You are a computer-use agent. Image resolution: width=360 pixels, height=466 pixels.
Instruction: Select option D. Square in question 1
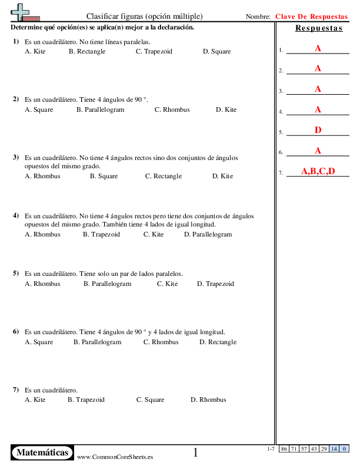(x=216, y=52)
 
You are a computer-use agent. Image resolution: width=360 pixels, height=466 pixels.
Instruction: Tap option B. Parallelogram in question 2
(x=99, y=110)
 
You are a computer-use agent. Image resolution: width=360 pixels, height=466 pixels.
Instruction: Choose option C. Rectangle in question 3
(x=164, y=177)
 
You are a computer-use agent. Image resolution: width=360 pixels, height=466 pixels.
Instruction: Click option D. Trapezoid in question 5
(x=215, y=284)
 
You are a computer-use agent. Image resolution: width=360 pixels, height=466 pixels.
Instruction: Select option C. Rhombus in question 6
(x=161, y=342)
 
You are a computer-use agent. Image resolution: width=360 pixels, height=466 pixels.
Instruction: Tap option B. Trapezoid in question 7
(x=86, y=400)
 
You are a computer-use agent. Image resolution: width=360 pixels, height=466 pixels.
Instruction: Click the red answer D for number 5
(x=318, y=130)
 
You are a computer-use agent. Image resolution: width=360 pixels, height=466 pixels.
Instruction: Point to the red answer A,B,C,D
(x=318, y=171)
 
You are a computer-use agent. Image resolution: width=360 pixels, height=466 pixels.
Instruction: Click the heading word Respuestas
(x=319, y=29)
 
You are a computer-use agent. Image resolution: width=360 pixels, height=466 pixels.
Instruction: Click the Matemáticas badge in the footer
(x=43, y=452)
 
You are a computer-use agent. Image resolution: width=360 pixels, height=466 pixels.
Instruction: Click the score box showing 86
(x=284, y=449)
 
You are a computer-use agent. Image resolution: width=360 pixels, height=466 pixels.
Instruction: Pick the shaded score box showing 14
(x=334, y=449)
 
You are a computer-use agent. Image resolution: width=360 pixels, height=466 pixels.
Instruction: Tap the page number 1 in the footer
(x=195, y=452)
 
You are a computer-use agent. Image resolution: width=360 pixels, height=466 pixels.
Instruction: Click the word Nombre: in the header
(x=258, y=17)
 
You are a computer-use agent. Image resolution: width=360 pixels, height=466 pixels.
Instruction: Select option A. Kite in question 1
(x=35, y=52)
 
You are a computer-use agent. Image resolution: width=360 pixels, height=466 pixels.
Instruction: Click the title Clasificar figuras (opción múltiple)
(x=144, y=16)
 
